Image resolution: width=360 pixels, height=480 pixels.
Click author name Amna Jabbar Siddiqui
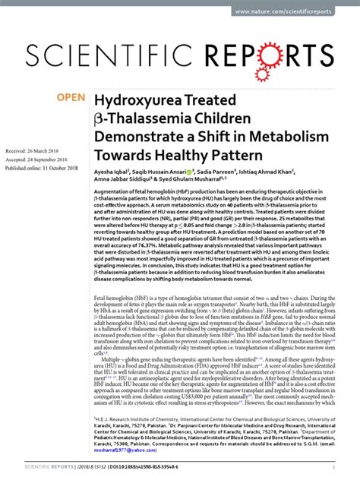[x=125, y=182]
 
